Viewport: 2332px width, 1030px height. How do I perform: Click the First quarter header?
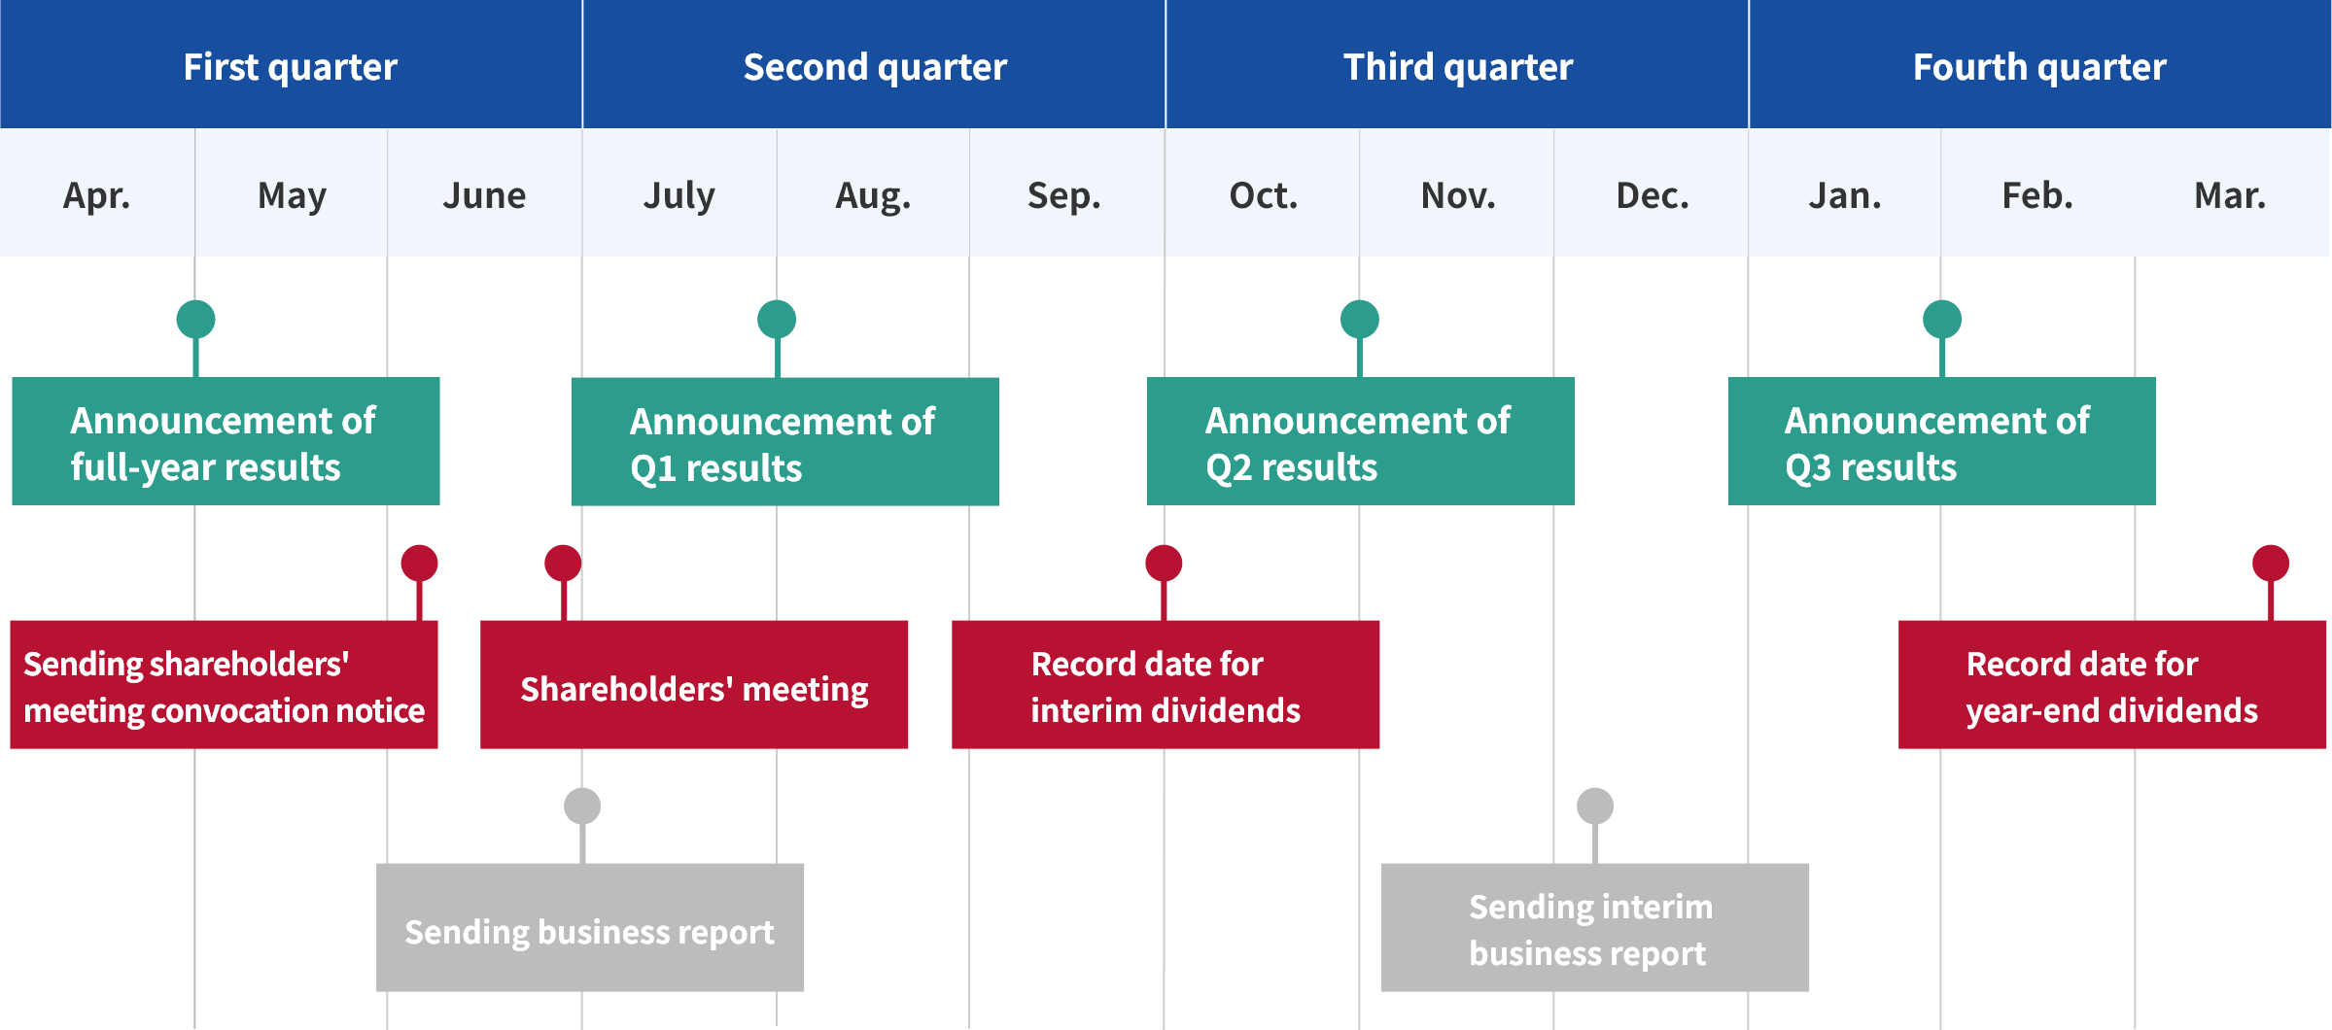[x=291, y=66]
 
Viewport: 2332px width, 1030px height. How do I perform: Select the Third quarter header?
[x=1457, y=66]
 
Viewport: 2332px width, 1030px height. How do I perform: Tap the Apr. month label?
[x=96, y=195]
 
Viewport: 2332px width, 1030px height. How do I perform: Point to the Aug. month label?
[x=873, y=195]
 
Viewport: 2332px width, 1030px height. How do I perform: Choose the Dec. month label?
[x=1652, y=195]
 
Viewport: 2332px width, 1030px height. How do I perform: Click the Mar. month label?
[x=2230, y=195]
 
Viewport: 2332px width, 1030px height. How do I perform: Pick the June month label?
[x=484, y=195]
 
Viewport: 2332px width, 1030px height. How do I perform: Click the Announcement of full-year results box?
[x=226, y=441]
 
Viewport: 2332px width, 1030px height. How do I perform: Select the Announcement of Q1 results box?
[x=784, y=442]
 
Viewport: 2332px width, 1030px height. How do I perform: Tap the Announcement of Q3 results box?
[x=1941, y=441]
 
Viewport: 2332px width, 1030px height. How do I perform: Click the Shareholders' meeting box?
[x=694, y=685]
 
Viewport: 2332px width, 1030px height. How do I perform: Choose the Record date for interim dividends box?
[x=1166, y=685]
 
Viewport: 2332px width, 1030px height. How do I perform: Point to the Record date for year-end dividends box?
[x=2112, y=685]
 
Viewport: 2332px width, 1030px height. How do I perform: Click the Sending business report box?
[x=590, y=928]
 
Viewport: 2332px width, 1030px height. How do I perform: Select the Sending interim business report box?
[x=1595, y=928]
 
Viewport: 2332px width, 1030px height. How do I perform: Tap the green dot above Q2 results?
[x=1359, y=319]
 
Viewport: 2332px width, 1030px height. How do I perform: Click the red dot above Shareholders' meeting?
[x=563, y=563]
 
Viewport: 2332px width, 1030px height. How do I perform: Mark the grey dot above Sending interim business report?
[x=1594, y=806]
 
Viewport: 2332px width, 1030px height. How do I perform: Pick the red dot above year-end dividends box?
[x=2271, y=563]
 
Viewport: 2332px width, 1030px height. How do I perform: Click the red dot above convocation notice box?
[x=419, y=563]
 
